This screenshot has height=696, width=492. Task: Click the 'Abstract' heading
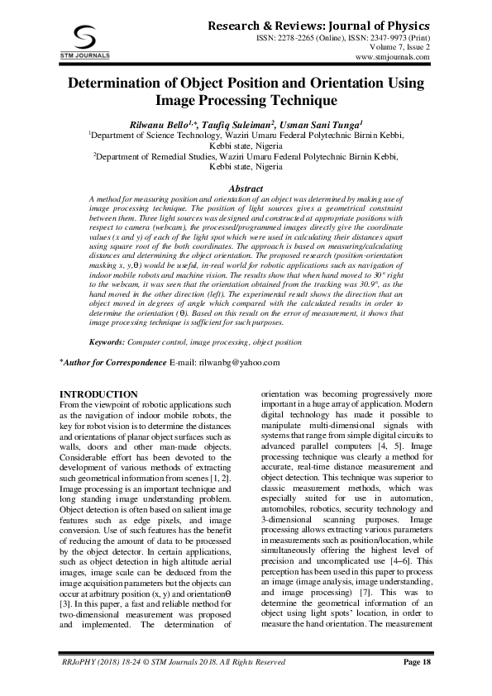246,188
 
